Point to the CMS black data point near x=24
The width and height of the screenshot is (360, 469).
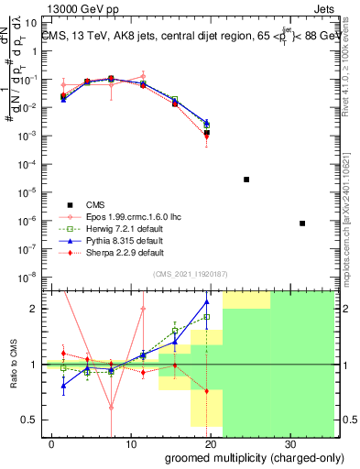(246, 180)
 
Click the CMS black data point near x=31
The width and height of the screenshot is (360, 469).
(302, 224)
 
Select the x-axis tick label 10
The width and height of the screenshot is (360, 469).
(131, 443)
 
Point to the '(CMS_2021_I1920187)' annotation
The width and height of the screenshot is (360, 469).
(190, 273)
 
